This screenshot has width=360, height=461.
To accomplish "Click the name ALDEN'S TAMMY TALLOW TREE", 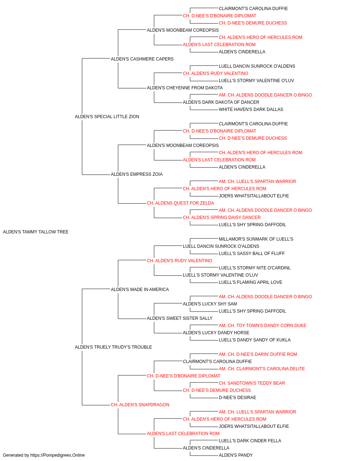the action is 36,232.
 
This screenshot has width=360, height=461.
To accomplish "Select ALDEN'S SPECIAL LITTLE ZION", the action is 107,117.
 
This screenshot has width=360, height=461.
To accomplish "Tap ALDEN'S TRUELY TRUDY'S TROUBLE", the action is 113,347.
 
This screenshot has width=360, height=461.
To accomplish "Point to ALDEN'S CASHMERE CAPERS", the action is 142,59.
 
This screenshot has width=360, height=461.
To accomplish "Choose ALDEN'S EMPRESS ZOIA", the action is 136,174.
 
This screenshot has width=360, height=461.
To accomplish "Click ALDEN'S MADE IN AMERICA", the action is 140,290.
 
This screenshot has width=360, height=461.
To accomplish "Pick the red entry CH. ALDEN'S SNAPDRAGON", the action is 140,405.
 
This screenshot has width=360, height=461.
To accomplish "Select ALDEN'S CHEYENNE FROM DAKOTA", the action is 185,88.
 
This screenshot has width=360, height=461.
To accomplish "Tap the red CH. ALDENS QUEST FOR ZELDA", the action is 180,203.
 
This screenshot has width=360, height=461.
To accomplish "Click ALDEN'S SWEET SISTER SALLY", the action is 180,318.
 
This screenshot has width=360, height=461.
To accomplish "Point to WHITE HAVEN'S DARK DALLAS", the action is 251,109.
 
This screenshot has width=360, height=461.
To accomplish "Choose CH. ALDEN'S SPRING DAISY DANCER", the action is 221,218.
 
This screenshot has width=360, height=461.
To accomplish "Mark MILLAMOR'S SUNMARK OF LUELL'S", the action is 256,239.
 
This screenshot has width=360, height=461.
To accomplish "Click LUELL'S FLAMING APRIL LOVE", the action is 251,282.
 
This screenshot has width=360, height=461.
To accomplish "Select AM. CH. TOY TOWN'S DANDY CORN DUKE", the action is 262,326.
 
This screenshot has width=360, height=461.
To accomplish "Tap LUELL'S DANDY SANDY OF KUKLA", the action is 255,340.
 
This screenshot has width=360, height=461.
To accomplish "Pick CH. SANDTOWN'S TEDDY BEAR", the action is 252,383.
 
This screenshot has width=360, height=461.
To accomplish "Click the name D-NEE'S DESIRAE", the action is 238,398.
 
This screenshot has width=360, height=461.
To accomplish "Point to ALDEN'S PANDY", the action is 236,455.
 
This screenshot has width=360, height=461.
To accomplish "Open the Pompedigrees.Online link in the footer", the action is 58,455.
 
